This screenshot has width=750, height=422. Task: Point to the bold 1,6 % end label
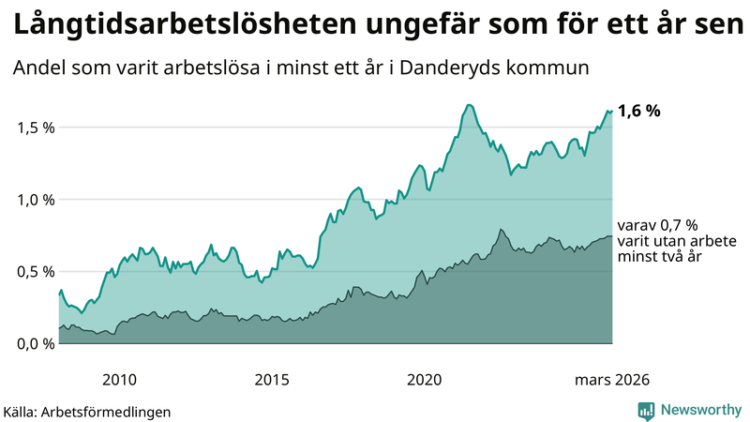(639, 111)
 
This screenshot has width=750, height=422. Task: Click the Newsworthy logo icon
(646, 410)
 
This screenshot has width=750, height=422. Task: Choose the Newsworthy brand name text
(699, 410)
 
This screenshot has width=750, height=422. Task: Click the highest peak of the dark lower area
(502, 230)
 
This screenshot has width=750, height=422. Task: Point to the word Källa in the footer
(22, 411)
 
